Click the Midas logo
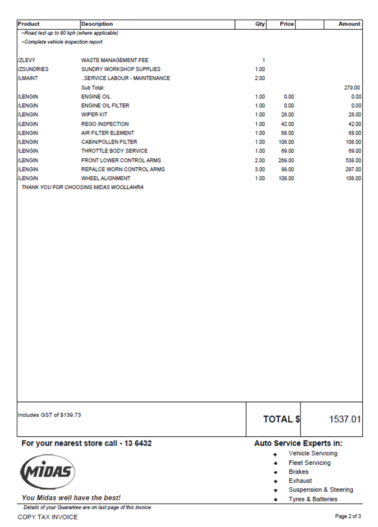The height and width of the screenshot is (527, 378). (x=48, y=471)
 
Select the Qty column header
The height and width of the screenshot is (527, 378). (x=260, y=24)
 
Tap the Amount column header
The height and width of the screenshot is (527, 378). (x=349, y=24)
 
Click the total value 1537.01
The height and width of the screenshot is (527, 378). (x=344, y=419)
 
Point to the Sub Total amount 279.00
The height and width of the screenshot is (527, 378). (x=352, y=87)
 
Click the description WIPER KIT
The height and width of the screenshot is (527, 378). (x=94, y=115)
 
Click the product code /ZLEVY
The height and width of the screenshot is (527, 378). (x=27, y=61)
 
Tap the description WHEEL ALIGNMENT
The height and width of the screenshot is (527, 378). (x=105, y=178)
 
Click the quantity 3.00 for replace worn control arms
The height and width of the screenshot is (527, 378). (x=260, y=169)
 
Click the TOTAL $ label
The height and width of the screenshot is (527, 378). (x=282, y=419)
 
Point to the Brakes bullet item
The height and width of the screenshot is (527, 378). (x=298, y=472)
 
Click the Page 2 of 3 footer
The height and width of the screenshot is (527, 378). (x=348, y=516)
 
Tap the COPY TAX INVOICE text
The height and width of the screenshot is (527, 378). (x=48, y=517)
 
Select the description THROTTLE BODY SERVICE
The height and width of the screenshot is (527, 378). (x=114, y=151)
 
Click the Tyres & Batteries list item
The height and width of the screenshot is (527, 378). (x=313, y=499)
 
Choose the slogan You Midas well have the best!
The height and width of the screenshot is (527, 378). (x=71, y=498)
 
